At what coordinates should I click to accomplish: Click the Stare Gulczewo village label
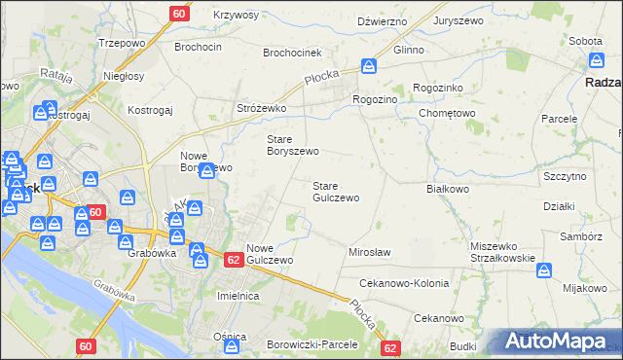tap(335, 192)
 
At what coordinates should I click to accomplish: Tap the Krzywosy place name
tap(236, 16)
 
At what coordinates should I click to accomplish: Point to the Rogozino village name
tap(376, 99)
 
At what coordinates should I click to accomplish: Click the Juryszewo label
tap(460, 20)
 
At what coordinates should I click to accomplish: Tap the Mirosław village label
tap(369, 252)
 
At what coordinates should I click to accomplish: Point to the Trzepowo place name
tap(122, 44)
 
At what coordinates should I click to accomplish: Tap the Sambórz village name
tap(581, 236)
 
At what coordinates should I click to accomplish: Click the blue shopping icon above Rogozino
tap(369, 67)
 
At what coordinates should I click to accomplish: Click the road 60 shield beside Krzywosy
tap(178, 14)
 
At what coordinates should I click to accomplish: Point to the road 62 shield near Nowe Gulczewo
tap(233, 260)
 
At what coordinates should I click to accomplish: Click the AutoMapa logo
tap(559, 342)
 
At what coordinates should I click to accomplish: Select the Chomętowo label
tap(447, 112)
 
